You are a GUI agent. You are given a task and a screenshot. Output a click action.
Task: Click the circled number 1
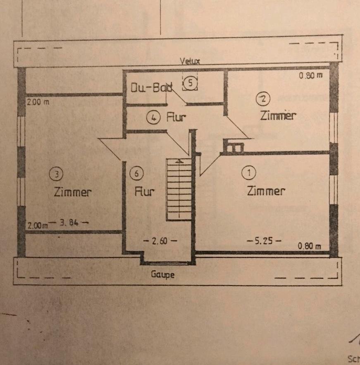(249, 173)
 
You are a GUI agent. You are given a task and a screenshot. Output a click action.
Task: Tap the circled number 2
(263, 98)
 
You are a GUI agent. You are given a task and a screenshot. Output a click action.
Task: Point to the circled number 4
(153, 118)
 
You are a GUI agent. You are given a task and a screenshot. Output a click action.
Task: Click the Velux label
(190, 61)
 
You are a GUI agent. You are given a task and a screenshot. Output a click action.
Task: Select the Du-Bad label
(145, 88)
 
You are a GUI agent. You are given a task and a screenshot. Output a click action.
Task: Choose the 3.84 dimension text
(69, 224)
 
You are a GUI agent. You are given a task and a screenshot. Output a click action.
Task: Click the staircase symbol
(179, 189)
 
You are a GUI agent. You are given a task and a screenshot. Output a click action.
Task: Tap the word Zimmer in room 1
(266, 191)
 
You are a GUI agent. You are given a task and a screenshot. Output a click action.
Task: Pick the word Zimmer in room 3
(72, 192)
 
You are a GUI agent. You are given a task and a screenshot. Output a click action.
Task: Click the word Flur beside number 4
(176, 118)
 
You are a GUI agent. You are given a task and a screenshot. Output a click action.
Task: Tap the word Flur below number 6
(145, 192)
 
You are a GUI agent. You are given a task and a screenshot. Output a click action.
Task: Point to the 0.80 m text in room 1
(310, 246)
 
